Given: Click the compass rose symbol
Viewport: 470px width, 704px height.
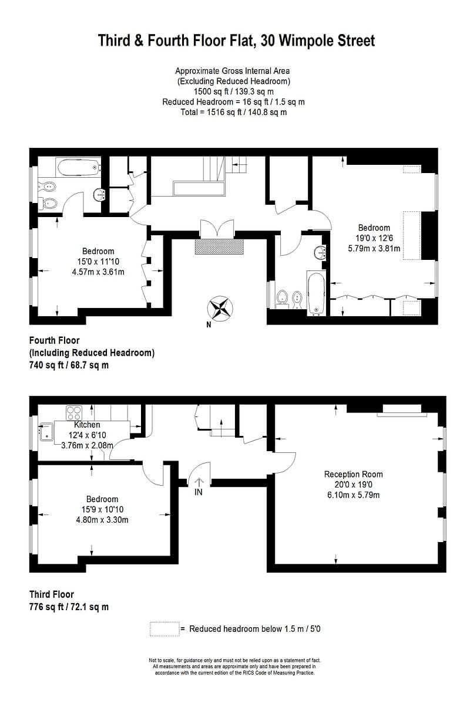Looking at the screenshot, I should tap(220, 307).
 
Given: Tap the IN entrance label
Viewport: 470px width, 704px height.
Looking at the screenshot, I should tap(199, 492).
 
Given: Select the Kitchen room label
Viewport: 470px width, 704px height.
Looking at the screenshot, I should tap(87, 425).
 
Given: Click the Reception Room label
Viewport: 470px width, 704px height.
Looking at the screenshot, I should tap(353, 474).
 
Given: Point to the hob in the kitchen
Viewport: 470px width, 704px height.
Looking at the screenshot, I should tap(74, 412).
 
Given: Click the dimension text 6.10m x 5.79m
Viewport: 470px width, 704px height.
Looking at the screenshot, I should tap(353, 495).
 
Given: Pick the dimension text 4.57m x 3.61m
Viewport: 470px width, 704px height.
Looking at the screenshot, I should tap(98, 272).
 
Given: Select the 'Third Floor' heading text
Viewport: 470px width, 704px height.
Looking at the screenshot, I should tap(52, 594).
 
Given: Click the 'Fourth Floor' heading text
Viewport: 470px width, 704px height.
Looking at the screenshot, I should tap(54, 340).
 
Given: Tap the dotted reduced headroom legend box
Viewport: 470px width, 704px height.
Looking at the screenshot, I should tap(164, 628).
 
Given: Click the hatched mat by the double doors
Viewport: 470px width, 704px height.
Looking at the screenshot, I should tap(219, 246).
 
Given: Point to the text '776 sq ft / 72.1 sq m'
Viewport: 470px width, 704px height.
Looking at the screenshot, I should tap(69, 607).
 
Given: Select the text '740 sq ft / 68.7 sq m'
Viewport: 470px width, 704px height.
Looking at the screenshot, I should tap(69, 365).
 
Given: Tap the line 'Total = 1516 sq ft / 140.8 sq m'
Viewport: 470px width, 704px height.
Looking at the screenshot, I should tap(233, 112).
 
